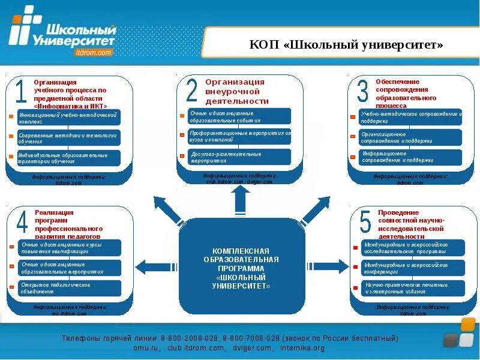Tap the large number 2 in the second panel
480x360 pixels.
coord(192,91)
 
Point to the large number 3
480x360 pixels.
coord(362,92)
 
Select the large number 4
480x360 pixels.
coord(22,223)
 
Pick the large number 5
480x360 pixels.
coord(365,223)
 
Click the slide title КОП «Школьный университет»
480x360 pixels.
coord(346,46)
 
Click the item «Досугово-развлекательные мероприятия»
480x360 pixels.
coord(239,157)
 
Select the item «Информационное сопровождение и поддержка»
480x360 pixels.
coord(411,157)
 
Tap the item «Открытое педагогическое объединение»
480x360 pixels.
coord(69,288)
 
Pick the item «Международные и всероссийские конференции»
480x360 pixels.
coord(413,268)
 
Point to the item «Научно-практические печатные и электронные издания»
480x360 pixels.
coord(413,288)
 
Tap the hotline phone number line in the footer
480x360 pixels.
coord(230,338)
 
